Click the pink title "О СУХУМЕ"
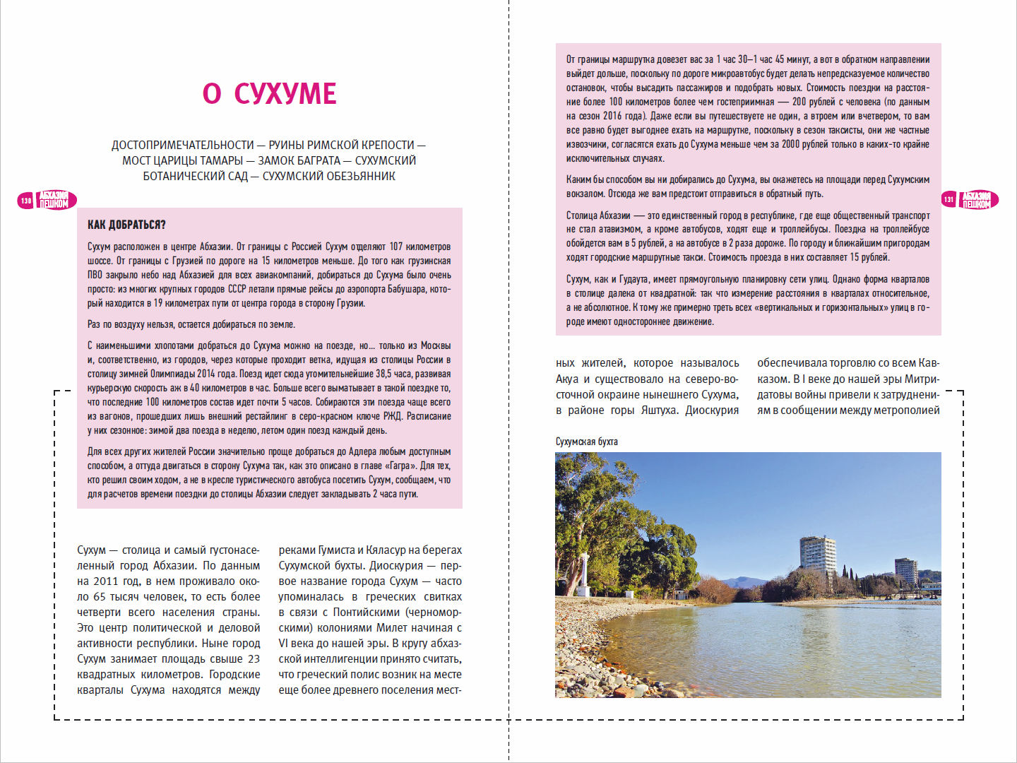[269, 94]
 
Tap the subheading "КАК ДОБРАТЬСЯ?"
[126, 225]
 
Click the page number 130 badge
[26, 201]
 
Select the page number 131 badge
[948, 200]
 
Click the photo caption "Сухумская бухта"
[586, 442]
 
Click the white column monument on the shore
[584, 576]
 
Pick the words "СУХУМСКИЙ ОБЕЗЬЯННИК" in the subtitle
[328, 176]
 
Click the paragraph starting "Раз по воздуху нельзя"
[191, 324]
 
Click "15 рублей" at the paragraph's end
[869, 257]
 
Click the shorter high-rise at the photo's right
[905, 571]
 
